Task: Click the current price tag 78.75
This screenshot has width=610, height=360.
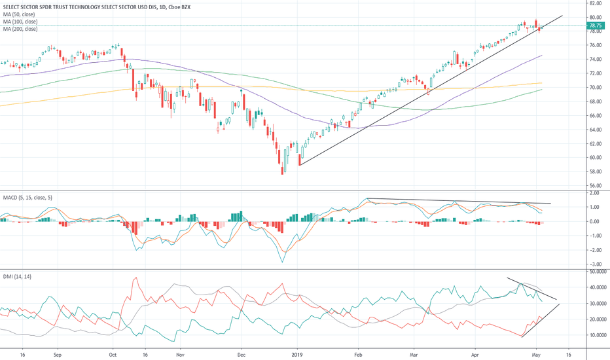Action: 596,26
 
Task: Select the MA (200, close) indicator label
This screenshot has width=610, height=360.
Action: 21,29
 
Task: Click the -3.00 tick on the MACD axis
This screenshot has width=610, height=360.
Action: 594,264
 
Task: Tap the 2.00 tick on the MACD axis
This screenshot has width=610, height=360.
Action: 594,193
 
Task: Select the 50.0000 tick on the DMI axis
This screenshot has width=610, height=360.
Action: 598,271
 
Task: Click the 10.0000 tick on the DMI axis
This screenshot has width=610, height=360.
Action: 598,335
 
